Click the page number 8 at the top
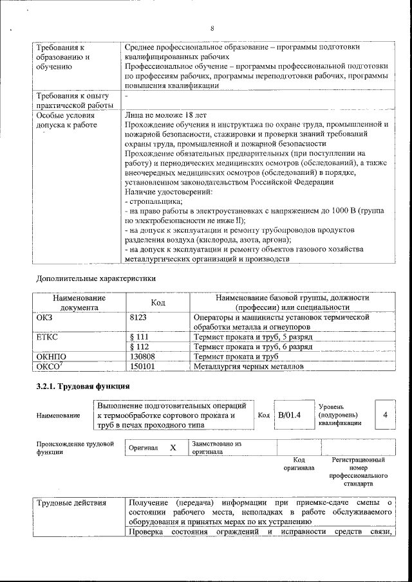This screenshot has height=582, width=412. coord(212,28)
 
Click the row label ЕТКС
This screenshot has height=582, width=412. coord(49,336)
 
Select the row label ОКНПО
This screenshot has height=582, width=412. coord(52,356)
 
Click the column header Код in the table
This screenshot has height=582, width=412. coord(158,302)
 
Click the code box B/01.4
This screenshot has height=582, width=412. coord(289,415)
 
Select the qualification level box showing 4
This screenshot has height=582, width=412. coord(384,415)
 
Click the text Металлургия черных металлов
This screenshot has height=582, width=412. coord(248,367)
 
